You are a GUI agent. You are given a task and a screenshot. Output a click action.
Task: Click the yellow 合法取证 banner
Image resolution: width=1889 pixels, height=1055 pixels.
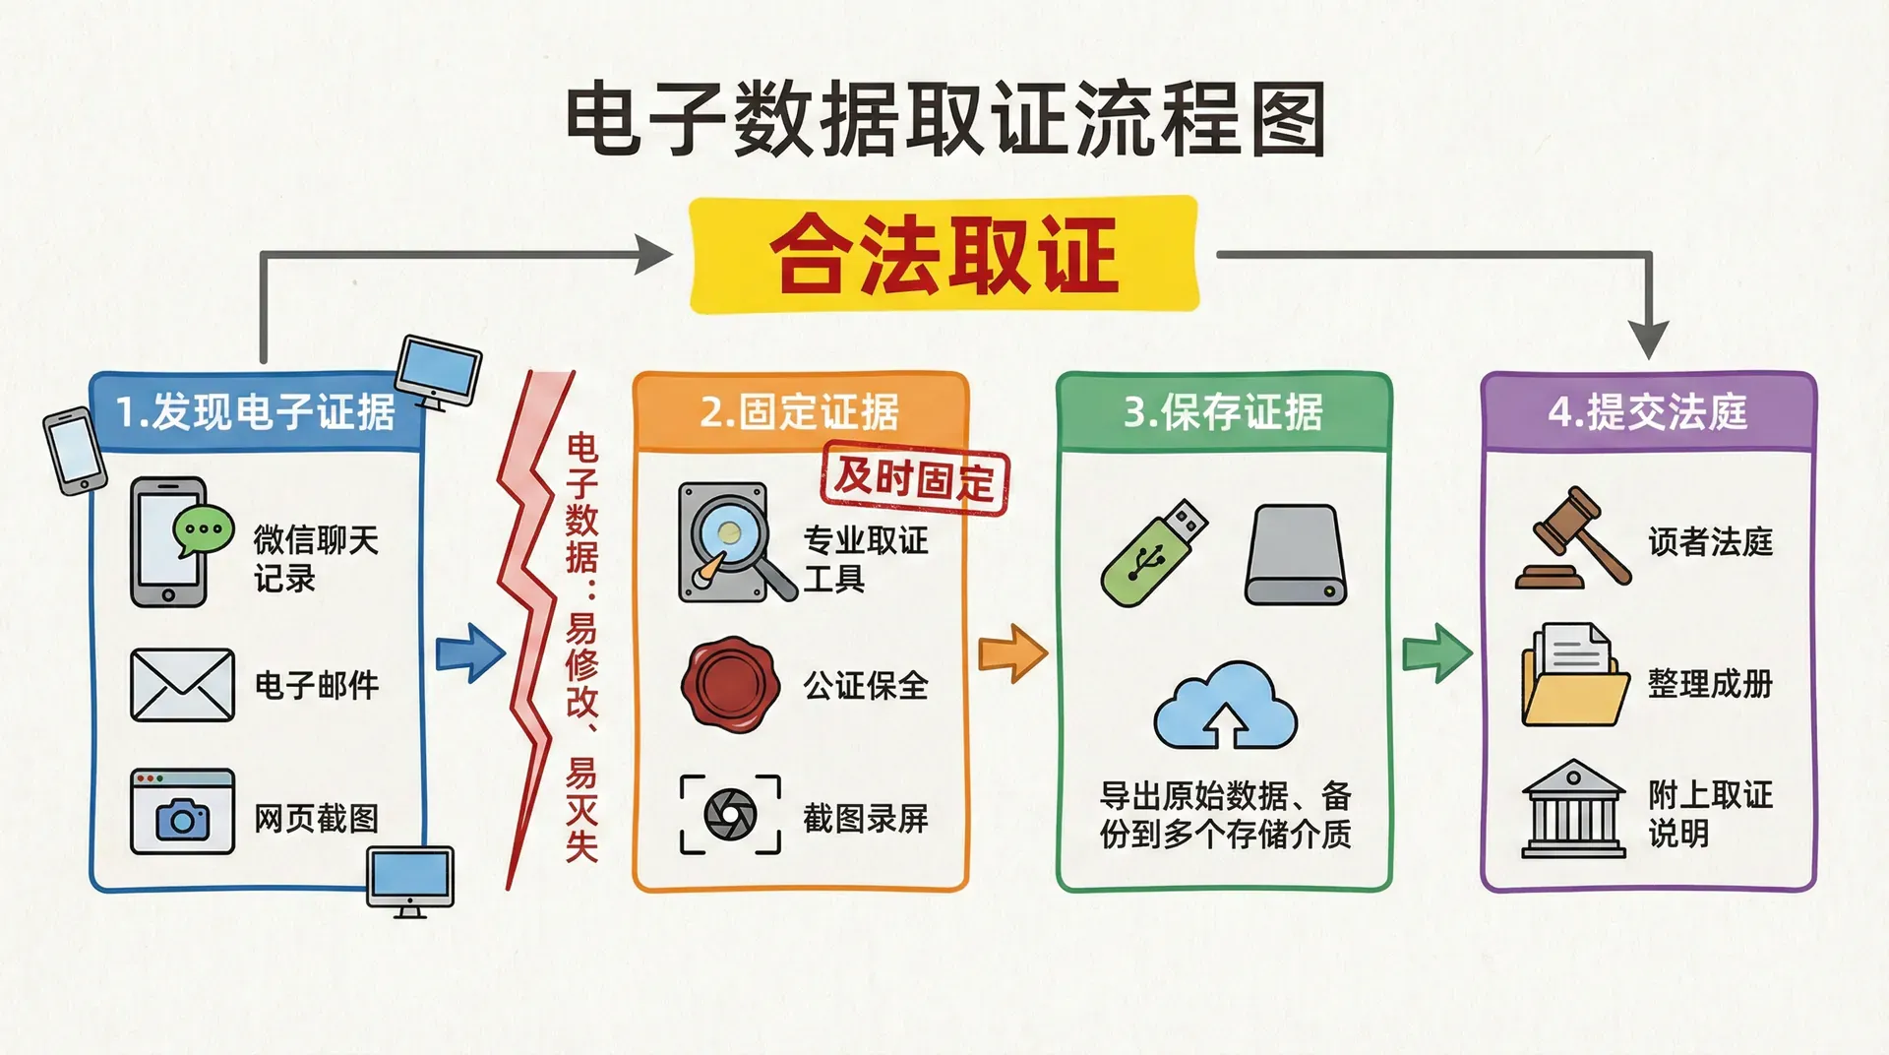(944, 255)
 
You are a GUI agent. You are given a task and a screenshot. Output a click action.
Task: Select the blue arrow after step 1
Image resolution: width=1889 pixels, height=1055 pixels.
(470, 652)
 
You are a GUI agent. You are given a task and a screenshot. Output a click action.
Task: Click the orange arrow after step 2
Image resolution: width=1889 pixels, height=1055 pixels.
(1012, 652)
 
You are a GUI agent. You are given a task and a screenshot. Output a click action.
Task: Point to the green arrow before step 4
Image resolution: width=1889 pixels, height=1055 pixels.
(1436, 652)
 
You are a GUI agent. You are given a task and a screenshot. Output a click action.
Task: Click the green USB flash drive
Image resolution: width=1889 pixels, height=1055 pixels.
(1153, 553)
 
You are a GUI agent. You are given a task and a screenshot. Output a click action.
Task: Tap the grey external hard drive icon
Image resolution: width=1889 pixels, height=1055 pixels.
(1296, 555)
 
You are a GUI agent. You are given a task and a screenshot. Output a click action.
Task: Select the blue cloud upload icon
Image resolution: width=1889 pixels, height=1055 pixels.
(1225, 707)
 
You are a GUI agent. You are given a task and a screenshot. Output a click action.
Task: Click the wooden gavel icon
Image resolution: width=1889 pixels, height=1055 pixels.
(1572, 538)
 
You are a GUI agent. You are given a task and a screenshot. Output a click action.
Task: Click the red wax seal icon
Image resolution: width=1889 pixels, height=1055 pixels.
(730, 684)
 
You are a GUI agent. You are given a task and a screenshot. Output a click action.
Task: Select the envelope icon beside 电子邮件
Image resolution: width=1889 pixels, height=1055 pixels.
(182, 685)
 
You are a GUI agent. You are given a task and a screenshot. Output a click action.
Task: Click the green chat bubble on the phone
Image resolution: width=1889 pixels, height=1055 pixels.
(204, 530)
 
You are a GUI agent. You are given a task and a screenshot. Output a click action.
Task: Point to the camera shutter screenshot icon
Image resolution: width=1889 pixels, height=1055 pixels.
(730, 814)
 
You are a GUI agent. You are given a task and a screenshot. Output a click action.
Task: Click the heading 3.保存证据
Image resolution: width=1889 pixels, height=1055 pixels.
(1223, 412)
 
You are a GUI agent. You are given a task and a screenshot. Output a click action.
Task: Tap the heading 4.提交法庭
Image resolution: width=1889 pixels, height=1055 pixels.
(1647, 412)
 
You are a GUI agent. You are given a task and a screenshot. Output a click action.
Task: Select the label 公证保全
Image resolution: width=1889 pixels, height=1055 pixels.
(866, 686)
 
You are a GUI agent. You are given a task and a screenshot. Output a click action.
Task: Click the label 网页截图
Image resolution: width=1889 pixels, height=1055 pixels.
(316, 818)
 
